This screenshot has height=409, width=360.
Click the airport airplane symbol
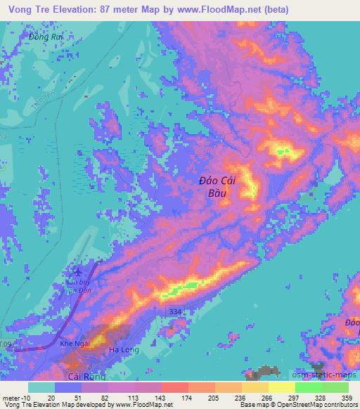coord(77,271)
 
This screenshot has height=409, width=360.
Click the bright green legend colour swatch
coord(308,387)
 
